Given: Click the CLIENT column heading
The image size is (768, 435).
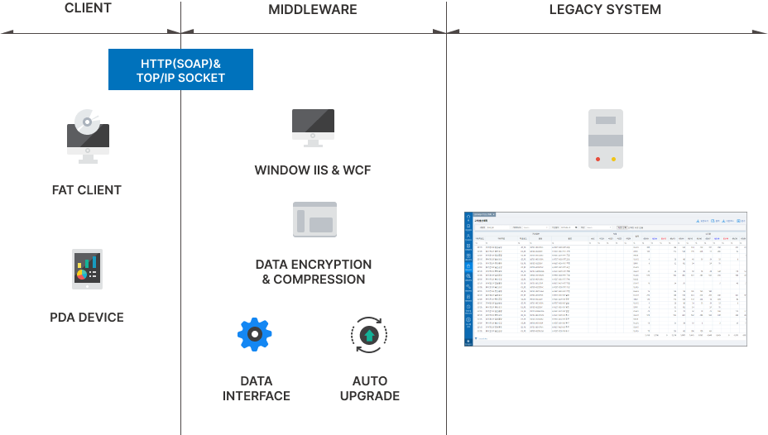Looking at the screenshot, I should (x=87, y=9).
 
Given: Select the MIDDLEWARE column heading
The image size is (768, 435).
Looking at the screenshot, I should (x=313, y=10).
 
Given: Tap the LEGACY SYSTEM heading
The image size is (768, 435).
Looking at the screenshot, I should (x=605, y=10).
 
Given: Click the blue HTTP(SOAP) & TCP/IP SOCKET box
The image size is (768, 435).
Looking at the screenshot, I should (x=180, y=69).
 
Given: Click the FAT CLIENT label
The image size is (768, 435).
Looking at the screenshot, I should (x=87, y=190).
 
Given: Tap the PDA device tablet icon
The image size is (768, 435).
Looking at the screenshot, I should (x=87, y=268).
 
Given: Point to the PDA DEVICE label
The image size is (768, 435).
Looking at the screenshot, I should (x=87, y=318).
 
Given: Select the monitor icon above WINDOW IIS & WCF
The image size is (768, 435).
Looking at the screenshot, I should (x=313, y=127).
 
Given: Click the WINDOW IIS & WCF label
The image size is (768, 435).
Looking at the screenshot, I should (x=313, y=171).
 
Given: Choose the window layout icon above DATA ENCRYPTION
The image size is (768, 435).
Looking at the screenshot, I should (x=314, y=220).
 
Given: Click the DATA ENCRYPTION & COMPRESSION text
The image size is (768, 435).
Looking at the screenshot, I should (x=314, y=272).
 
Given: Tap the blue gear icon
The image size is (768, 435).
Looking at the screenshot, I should (x=255, y=334).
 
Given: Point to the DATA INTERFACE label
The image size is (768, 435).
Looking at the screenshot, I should (x=257, y=389).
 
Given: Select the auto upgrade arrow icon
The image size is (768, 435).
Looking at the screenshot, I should (x=369, y=335).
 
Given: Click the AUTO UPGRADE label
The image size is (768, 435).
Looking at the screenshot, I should (x=369, y=389).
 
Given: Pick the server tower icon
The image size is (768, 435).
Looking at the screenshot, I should (x=606, y=139).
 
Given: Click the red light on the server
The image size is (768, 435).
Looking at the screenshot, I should (x=598, y=158).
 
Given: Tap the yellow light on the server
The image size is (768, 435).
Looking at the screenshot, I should (x=613, y=158).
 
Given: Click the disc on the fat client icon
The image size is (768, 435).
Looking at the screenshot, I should (x=87, y=122).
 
